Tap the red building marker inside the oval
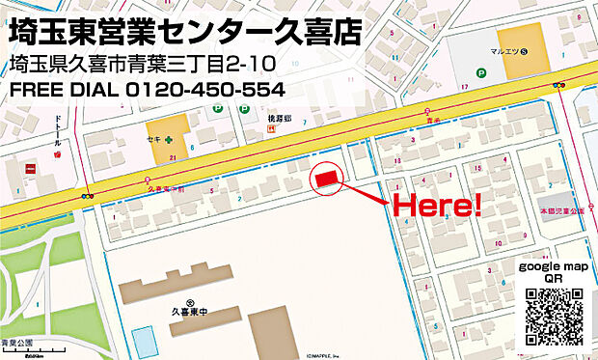(x=325, y=179)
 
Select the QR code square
(x=555, y=318)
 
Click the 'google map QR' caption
(x=554, y=271)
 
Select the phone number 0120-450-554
(x=205, y=90)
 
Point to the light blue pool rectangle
(x=143, y=341)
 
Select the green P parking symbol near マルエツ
(x=480, y=71)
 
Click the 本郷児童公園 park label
(x=561, y=208)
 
